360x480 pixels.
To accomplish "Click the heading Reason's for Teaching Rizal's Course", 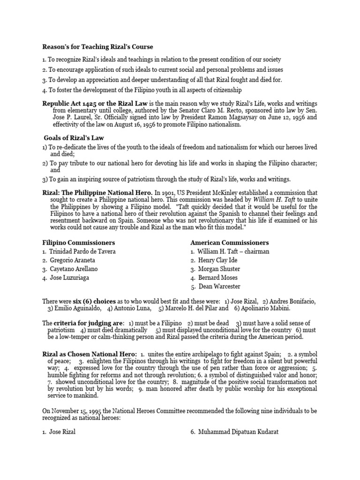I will tap(97, 47).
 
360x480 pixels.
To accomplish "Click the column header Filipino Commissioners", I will tap(78, 243).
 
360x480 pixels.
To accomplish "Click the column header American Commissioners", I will tap(230, 243).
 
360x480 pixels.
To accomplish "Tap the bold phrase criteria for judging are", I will tap(89, 323).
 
